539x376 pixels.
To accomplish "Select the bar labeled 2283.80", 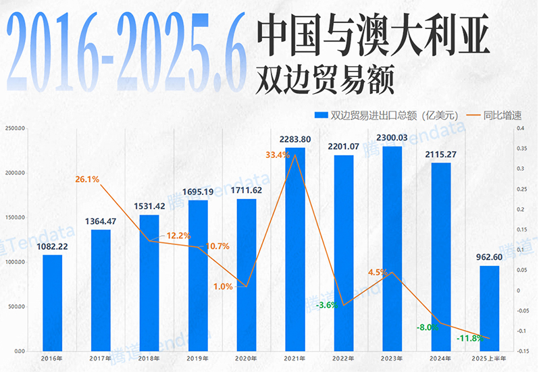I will [x=294, y=249].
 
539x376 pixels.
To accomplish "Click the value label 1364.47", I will [x=101, y=221].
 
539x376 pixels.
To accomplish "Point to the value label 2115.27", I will [x=440, y=155].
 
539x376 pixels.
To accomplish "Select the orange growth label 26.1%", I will [x=88, y=180].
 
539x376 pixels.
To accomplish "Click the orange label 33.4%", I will [x=278, y=155].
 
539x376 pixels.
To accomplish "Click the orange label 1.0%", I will [x=223, y=286].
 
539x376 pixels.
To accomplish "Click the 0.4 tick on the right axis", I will [x=519, y=128].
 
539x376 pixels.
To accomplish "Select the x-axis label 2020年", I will [x=246, y=358].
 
